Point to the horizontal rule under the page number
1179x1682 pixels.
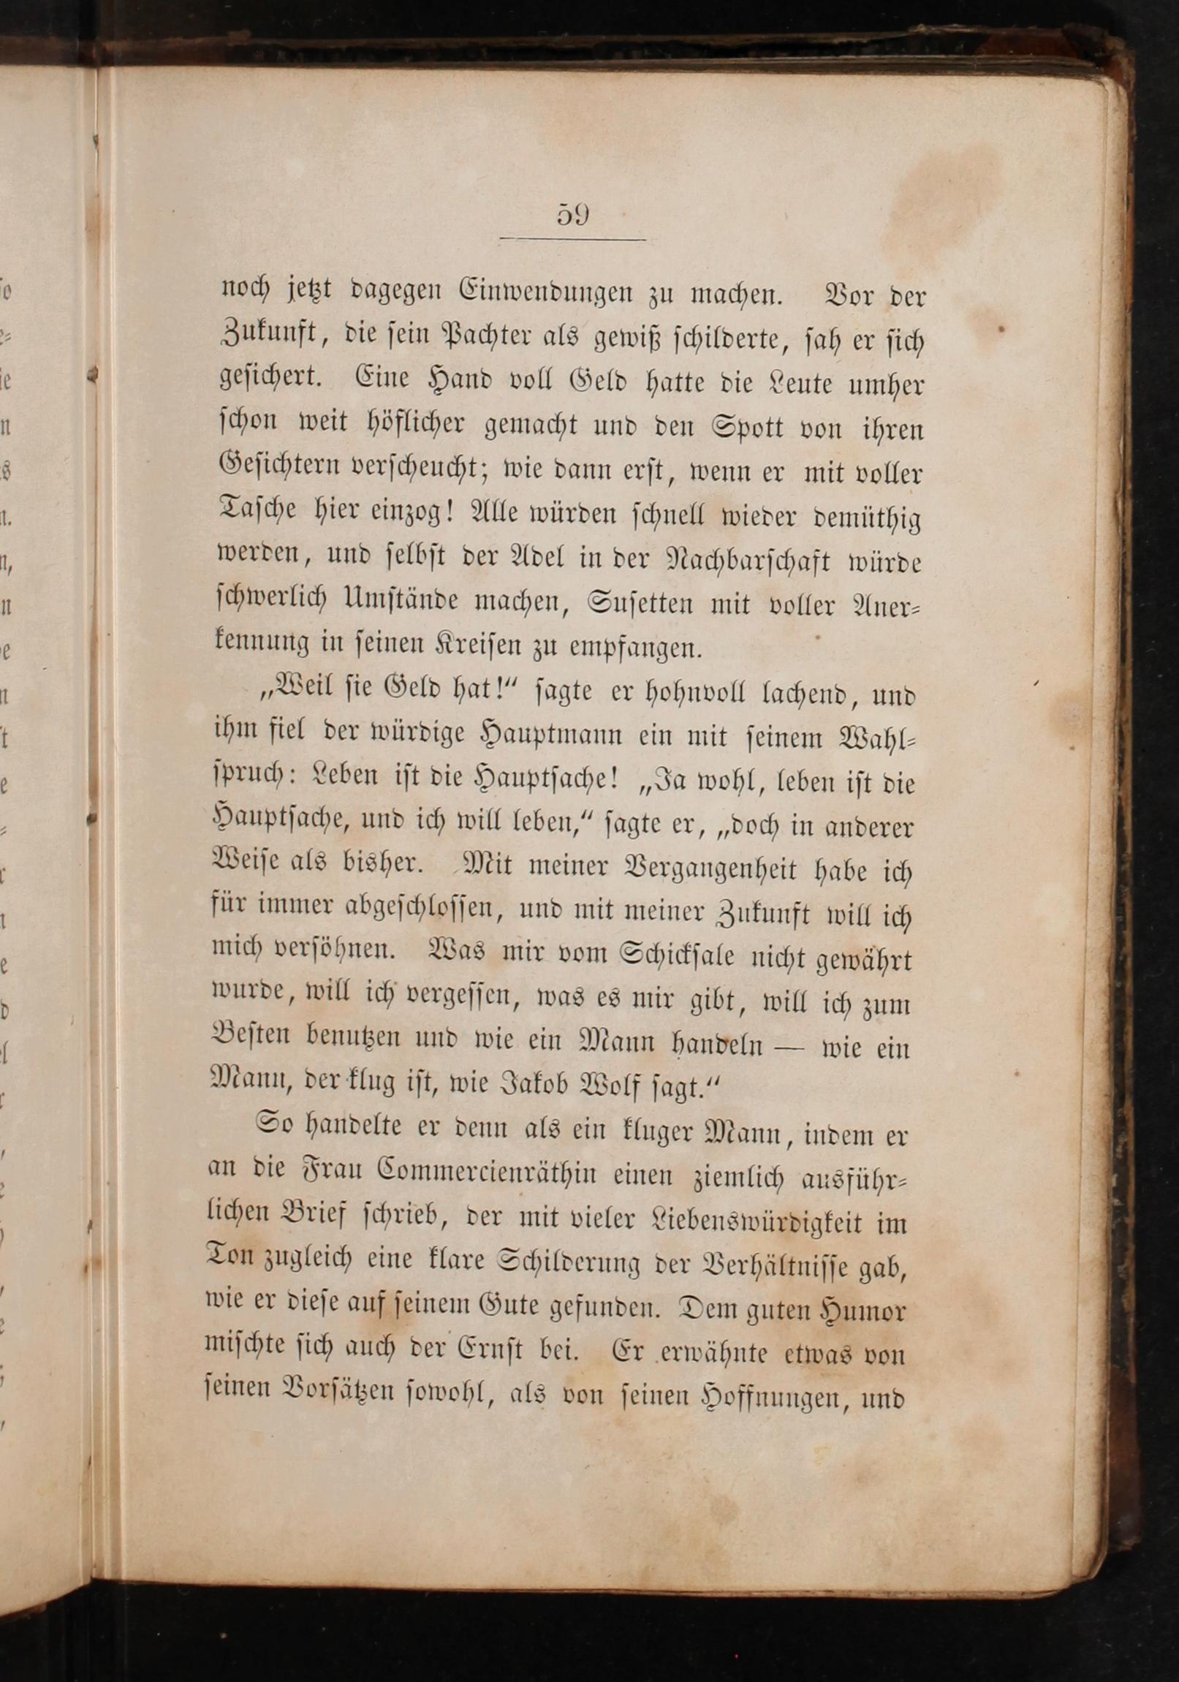[x=572, y=240]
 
